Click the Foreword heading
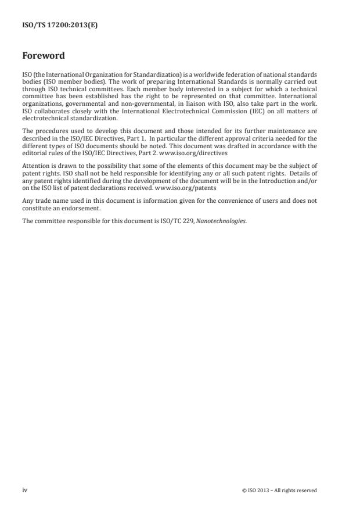point(44,56)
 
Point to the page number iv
point(24,490)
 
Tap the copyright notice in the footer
point(279,490)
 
